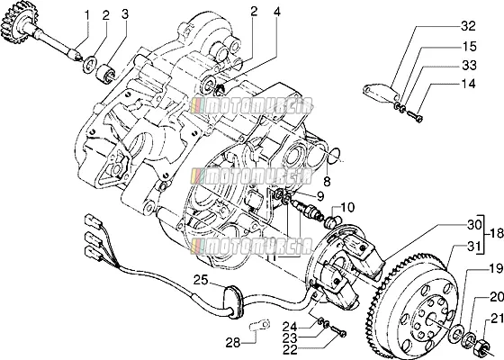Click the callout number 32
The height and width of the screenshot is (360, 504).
(x=468, y=26)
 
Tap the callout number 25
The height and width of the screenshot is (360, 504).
(x=201, y=280)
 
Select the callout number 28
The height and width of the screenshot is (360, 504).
(x=233, y=343)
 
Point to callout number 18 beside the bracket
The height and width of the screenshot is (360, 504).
(x=497, y=234)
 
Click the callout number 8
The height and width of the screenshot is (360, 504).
(x=327, y=182)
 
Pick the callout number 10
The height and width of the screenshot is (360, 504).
(x=346, y=207)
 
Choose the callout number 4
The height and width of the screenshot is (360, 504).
(x=277, y=12)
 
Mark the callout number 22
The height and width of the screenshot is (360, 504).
(x=290, y=349)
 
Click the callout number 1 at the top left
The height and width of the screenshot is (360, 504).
(x=86, y=14)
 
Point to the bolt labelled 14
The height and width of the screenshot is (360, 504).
(x=415, y=116)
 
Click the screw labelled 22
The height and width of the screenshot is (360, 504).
(x=337, y=331)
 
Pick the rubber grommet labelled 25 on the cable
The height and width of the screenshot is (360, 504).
(x=233, y=301)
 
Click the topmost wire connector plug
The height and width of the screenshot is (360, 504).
(x=94, y=221)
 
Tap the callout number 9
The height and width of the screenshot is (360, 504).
(x=320, y=196)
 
